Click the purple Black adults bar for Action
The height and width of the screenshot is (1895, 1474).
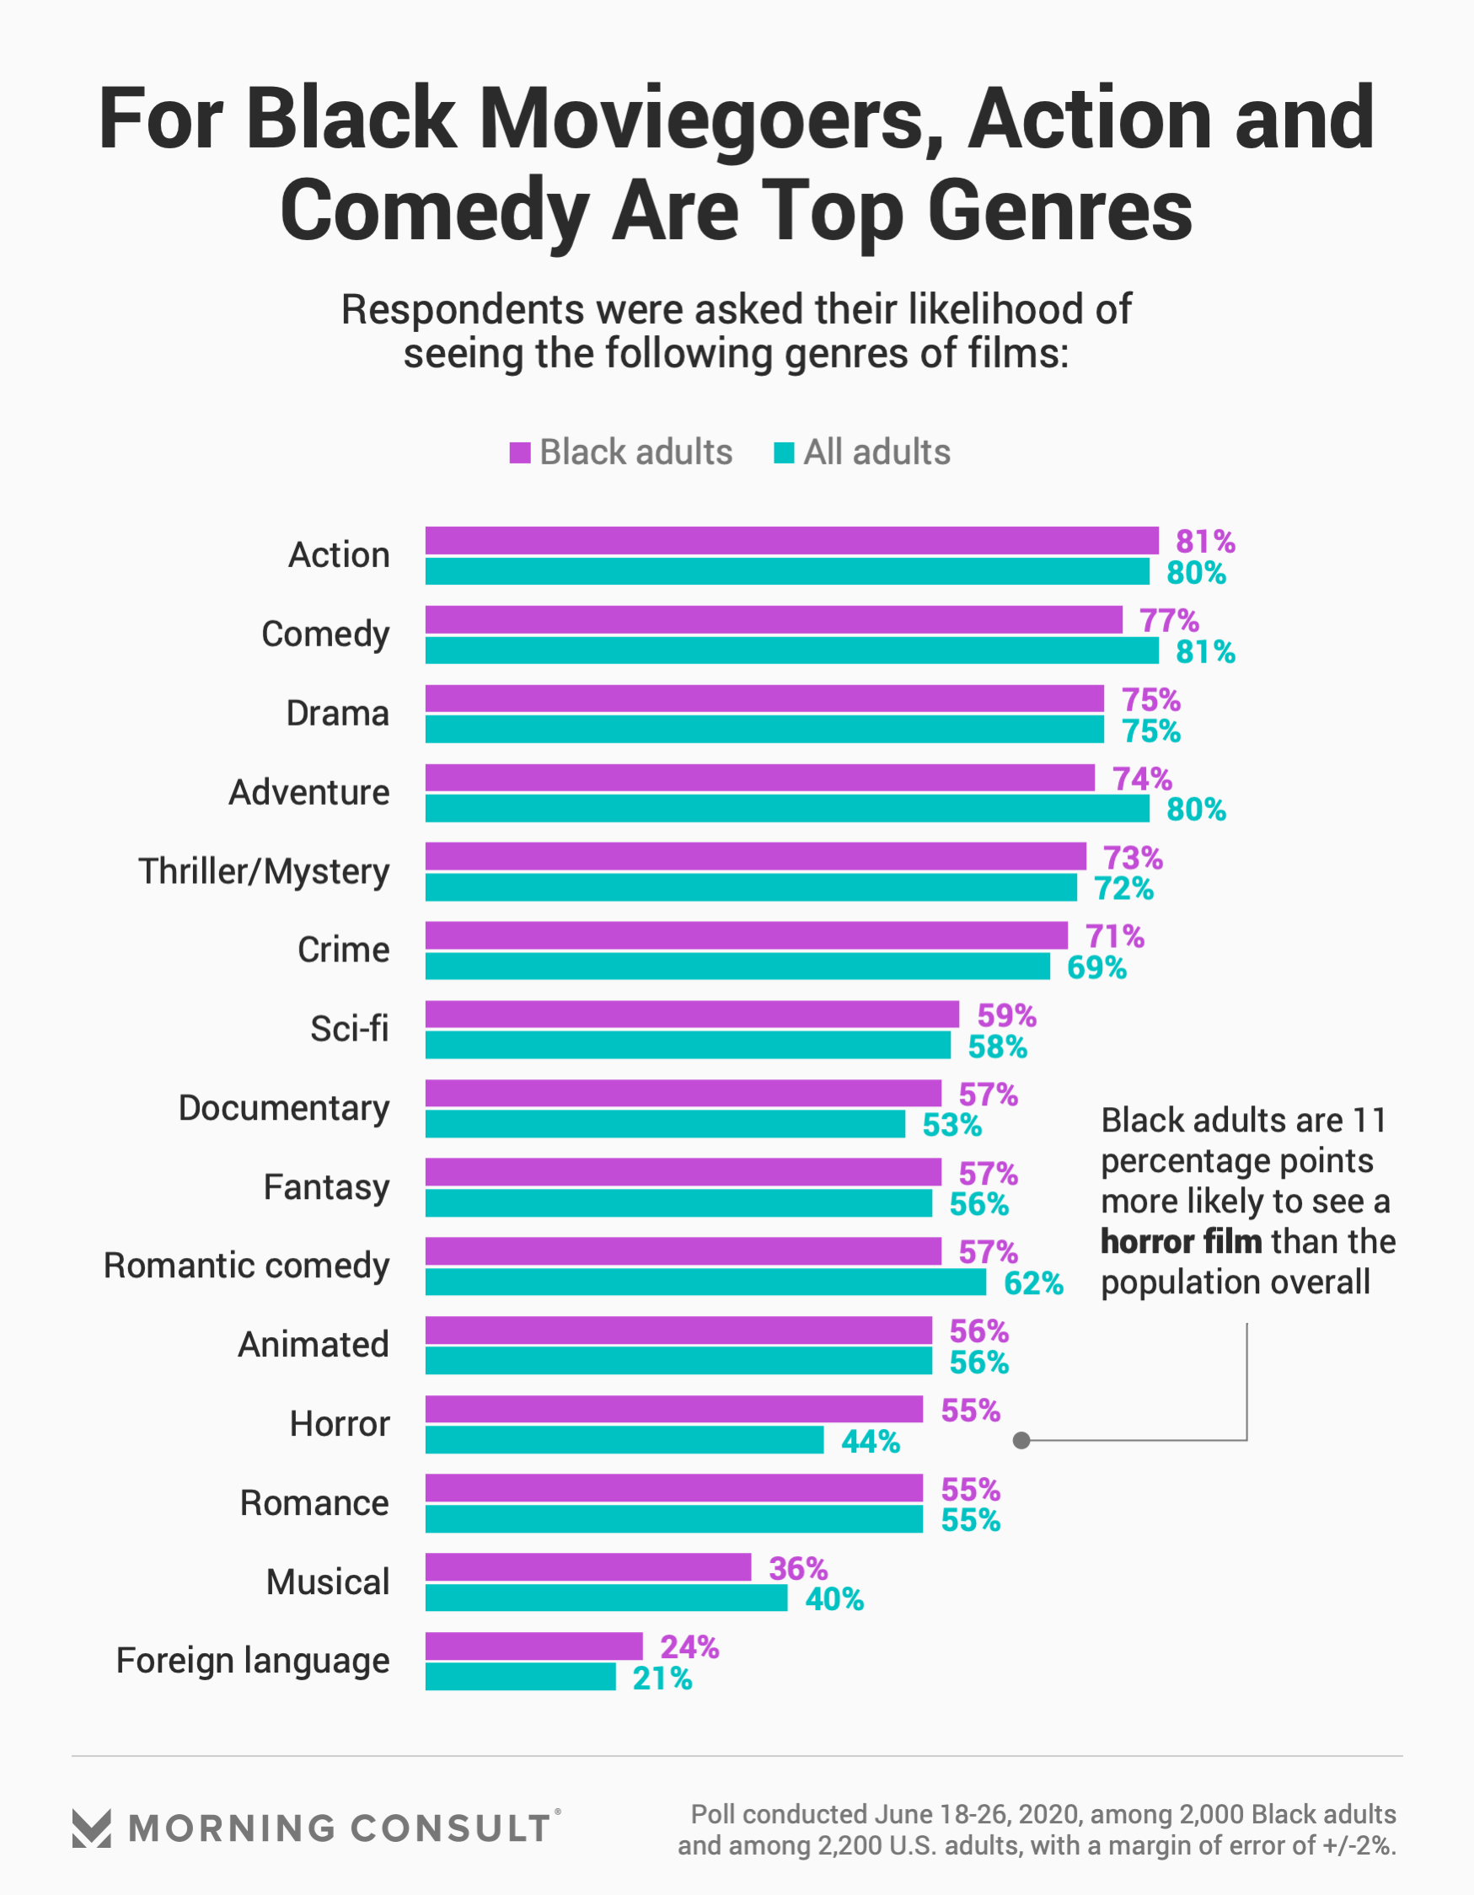click(791, 541)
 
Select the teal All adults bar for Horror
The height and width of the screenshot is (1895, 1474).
click(624, 1440)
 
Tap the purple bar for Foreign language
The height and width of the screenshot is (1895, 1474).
click(533, 1646)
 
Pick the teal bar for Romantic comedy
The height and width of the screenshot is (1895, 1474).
click(705, 1282)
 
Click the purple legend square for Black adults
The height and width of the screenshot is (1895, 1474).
click(520, 453)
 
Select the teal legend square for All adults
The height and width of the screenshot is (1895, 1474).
click(784, 453)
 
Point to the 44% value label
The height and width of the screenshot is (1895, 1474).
click(870, 1441)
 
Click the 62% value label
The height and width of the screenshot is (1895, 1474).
click(1033, 1282)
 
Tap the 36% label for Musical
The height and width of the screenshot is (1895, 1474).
click(798, 1568)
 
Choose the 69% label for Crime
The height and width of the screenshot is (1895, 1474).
click(1096, 967)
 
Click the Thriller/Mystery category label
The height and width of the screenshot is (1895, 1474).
click(264, 871)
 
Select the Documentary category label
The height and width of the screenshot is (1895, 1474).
click(284, 1108)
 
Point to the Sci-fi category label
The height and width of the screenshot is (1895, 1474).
click(349, 1029)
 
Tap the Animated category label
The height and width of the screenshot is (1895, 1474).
click(314, 1345)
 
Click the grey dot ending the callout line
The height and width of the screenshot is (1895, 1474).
click(1021, 1440)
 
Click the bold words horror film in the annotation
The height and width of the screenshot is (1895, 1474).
click(1181, 1242)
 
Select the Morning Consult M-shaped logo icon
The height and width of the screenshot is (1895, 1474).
click(92, 1828)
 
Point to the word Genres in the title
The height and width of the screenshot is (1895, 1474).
click(1060, 211)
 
